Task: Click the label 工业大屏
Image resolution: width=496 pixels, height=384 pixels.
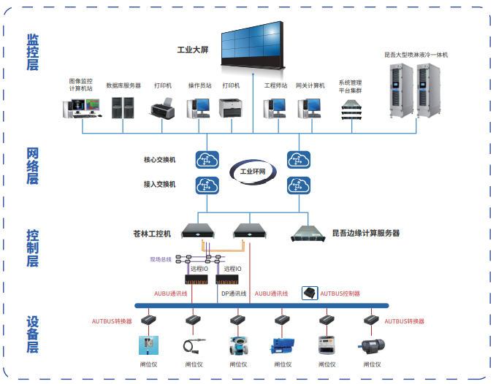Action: (x=194, y=50)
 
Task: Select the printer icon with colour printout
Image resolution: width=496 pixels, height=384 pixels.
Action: (x=163, y=110)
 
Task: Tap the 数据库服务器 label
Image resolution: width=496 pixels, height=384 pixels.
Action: (x=123, y=85)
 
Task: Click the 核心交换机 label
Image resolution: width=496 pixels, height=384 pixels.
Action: (x=160, y=159)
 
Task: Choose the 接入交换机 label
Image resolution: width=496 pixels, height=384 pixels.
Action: (x=160, y=184)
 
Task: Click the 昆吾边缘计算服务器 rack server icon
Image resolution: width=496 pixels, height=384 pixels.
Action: (x=308, y=233)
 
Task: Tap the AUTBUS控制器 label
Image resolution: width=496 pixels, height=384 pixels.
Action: (x=340, y=293)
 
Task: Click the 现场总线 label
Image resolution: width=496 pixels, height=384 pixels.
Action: (x=160, y=259)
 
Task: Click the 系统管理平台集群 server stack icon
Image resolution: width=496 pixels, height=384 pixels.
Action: (x=351, y=110)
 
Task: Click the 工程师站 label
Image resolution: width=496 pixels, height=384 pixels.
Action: (x=275, y=85)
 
